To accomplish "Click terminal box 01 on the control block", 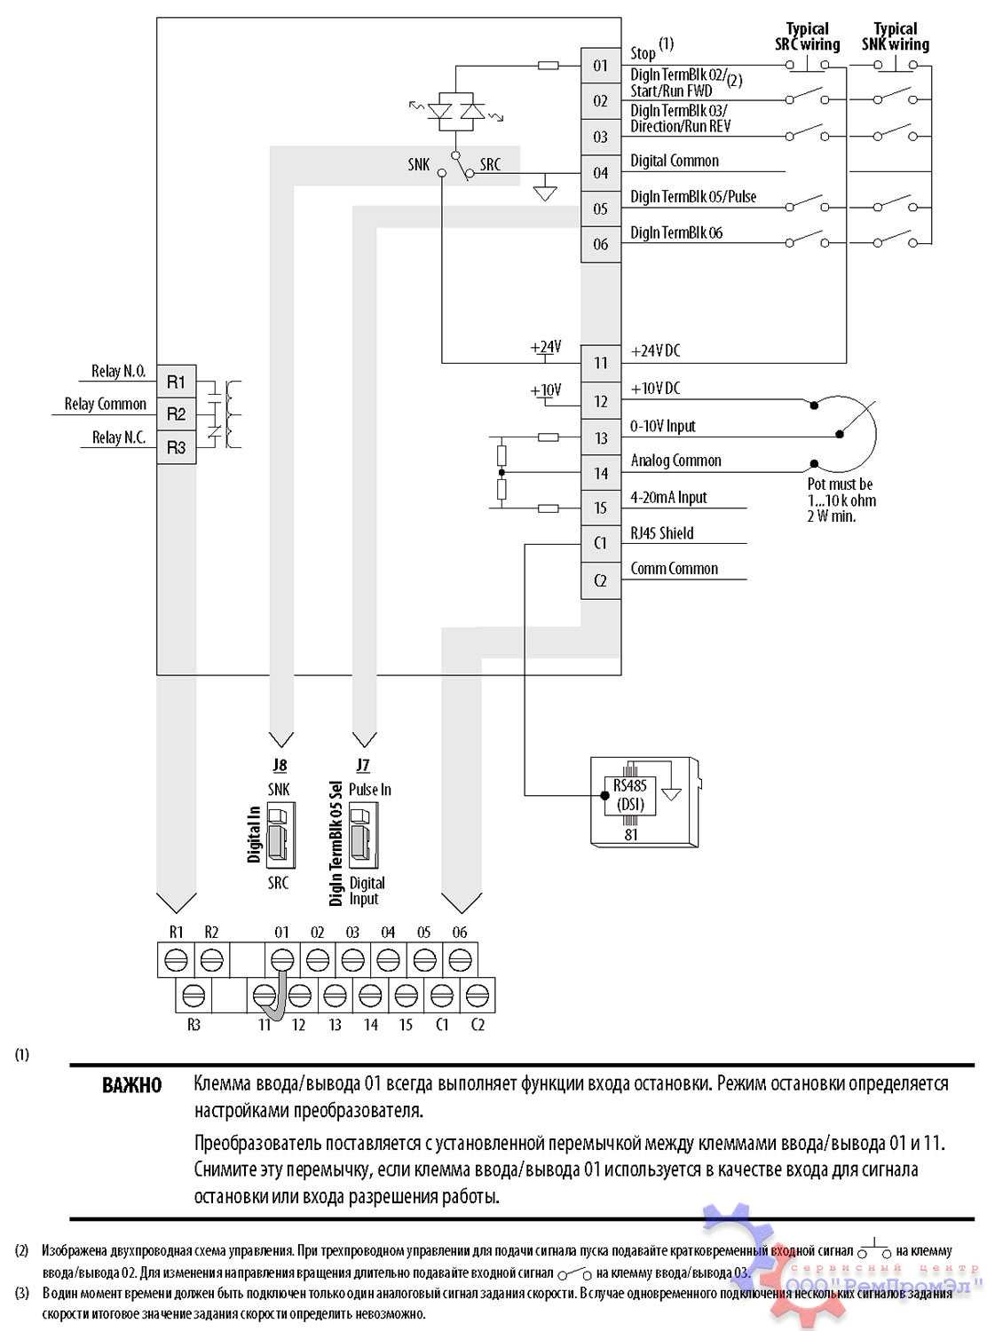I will pos(601,66).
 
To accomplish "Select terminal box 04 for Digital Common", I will pos(601,173).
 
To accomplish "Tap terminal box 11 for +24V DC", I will pos(601,363).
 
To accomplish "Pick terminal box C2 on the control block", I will pos(601,580).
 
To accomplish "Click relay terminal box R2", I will pos(176,414).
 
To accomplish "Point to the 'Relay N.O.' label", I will pos(119,372).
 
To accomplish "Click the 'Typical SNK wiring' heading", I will pos(895,36).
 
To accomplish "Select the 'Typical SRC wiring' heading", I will pos(807,36).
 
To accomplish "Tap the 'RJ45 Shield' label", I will pos(662,533).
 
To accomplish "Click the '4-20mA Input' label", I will pos(668,498).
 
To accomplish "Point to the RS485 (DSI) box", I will pos(630,795).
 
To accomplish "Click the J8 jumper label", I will pos(280,765).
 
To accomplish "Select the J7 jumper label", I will pos(362,765).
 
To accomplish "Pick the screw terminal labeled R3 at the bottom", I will pos(193,996).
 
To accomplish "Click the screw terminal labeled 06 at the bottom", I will pos(459,960).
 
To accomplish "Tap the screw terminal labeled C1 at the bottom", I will pos(441,996).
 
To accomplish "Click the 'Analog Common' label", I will pos(675,461).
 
